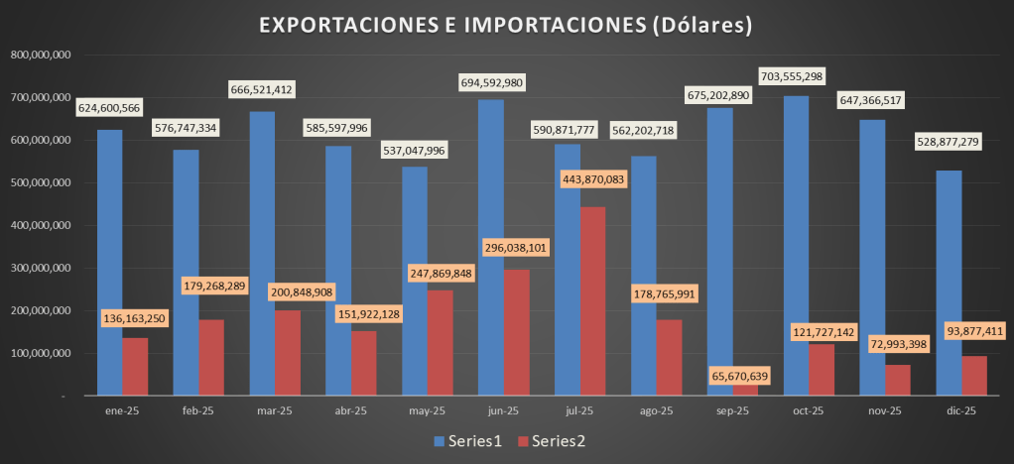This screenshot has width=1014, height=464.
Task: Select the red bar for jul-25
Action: pos(592,302)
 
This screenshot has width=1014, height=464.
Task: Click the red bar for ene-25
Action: pos(135,366)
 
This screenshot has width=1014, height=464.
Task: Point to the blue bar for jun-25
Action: pos(490,248)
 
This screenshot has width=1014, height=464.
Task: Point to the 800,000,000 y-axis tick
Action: pos(40,56)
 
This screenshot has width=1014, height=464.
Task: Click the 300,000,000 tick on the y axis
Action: pos(40,268)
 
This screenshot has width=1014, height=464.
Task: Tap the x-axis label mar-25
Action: pos(275,410)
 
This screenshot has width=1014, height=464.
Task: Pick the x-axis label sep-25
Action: pos(732,410)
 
